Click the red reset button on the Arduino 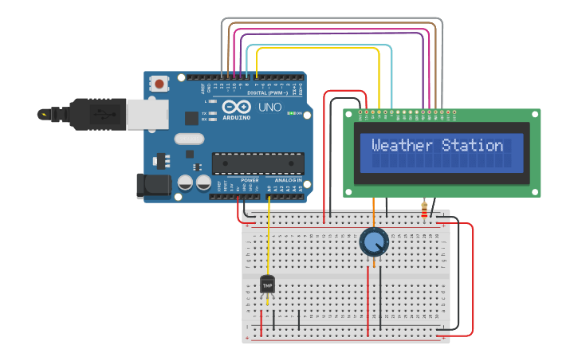[x=159, y=83]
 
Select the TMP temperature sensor [x=267, y=284]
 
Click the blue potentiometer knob [x=373, y=241]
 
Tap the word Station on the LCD [x=474, y=145]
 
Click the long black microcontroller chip [x=257, y=163]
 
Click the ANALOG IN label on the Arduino [x=288, y=180]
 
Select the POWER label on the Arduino [x=250, y=180]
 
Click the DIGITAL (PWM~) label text [x=262, y=93]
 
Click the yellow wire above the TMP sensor [x=268, y=239]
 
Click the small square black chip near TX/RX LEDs [x=191, y=118]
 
